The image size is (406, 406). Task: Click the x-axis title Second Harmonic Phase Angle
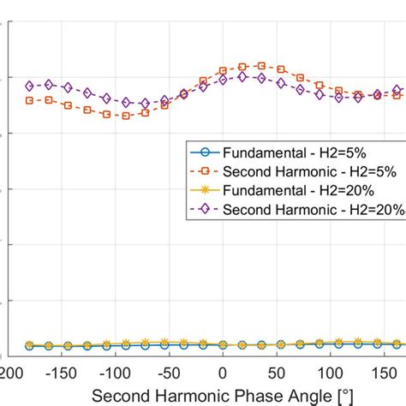[x=223, y=395]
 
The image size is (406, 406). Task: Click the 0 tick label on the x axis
[x=222, y=373]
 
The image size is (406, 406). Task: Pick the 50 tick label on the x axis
[x=278, y=373]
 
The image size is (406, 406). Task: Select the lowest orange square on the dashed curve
[x=126, y=115]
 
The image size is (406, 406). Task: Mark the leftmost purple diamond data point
[x=30, y=86]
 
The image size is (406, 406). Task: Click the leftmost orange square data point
[x=30, y=100]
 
